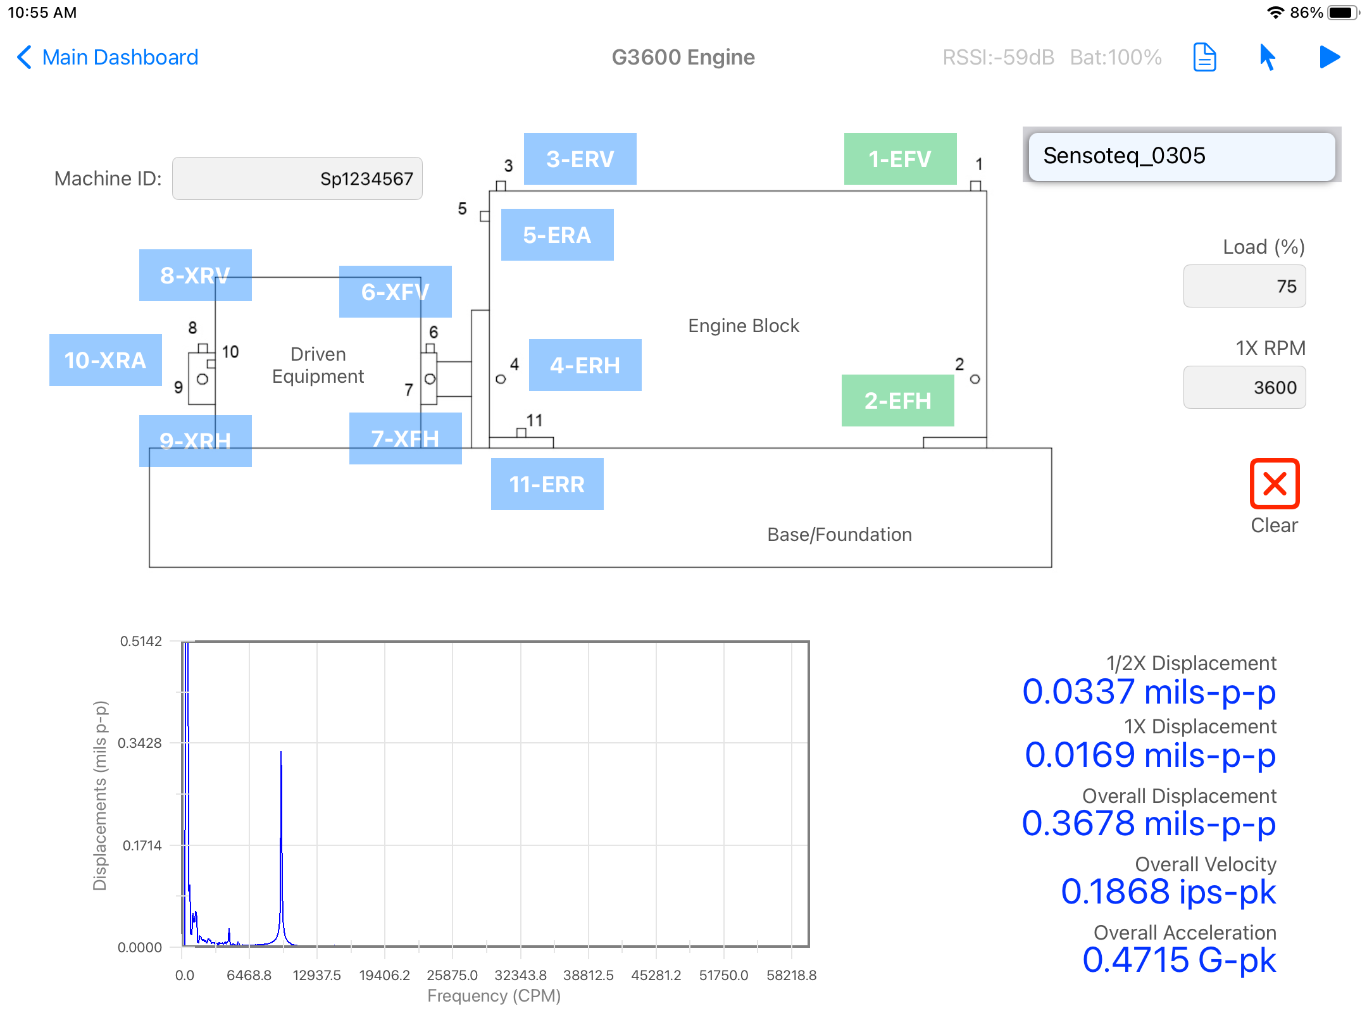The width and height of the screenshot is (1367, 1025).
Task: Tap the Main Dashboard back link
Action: pyautogui.click(x=108, y=57)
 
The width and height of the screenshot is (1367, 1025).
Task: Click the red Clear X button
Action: pyautogui.click(x=1275, y=484)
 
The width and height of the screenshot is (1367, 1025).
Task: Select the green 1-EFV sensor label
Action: pyautogui.click(x=901, y=159)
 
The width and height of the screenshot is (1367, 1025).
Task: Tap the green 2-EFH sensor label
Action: pyautogui.click(x=898, y=401)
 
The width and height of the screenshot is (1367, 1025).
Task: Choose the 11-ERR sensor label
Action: pyautogui.click(x=547, y=484)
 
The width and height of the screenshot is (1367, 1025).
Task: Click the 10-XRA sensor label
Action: pyautogui.click(x=106, y=360)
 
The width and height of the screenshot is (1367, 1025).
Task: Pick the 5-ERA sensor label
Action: pyautogui.click(x=558, y=235)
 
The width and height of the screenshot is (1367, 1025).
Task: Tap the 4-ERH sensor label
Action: pyautogui.click(x=585, y=365)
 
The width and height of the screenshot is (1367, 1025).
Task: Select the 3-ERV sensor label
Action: pyautogui.click(x=580, y=159)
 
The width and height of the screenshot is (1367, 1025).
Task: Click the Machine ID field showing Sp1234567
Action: pyautogui.click(x=297, y=178)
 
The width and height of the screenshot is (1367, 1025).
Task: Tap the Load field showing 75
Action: pyautogui.click(x=1245, y=286)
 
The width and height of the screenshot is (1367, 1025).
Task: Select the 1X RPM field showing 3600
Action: pyautogui.click(x=1245, y=387)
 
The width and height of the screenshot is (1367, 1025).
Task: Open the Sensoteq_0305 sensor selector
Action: pyautogui.click(x=1182, y=156)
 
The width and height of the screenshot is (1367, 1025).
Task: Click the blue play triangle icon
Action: pyautogui.click(x=1330, y=57)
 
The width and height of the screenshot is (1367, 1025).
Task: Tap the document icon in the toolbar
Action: pyautogui.click(x=1205, y=58)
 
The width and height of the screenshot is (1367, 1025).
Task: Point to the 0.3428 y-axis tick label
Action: pyautogui.click(x=140, y=743)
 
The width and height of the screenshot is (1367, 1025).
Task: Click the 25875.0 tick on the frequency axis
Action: pyautogui.click(x=453, y=975)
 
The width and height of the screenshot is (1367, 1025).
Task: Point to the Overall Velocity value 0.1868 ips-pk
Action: pyautogui.click(x=1168, y=891)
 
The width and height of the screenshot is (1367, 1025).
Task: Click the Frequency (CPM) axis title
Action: pyautogui.click(x=494, y=996)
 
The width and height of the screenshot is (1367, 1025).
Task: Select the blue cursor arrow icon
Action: pyautogui.click(x=1267, y=58)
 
